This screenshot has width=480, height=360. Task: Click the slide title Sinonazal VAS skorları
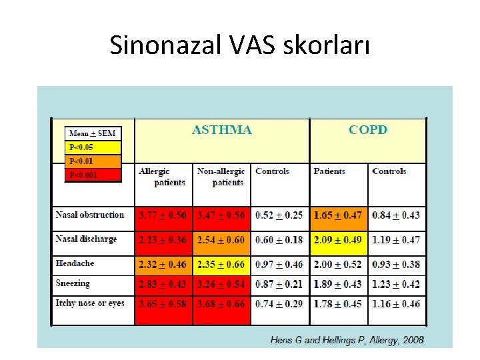click(239, 45)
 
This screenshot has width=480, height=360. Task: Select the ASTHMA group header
click(222, 130)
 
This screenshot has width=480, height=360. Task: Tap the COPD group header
click(367, 130)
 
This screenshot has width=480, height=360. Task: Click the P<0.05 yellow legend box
click(93, 147)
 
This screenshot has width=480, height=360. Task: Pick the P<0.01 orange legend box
click(93, 161)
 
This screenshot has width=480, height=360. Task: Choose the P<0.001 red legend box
click(93, 175)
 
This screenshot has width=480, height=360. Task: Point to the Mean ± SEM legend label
click(93, 133)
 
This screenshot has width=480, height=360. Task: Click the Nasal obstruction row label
click(90, 215)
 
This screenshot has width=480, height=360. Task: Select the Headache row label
click(75, 263)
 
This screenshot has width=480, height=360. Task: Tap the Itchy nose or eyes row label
click(90, 303)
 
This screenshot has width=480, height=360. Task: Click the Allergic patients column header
click(162, 177)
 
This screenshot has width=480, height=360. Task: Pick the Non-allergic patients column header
click(221, 177)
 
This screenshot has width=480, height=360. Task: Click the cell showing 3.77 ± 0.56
click(163, 215)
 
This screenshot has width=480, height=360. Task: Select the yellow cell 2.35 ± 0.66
click(221, 265)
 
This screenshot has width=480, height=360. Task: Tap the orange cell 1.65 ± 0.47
click(338, 215)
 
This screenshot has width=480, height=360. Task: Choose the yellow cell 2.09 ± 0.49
click(338, 240)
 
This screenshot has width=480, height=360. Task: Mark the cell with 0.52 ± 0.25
click(279, 215)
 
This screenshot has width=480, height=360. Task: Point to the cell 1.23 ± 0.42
click(396, 284)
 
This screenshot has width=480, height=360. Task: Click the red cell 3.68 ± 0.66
click(221, 304)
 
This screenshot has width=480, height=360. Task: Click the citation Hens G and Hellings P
click(347, 340)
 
